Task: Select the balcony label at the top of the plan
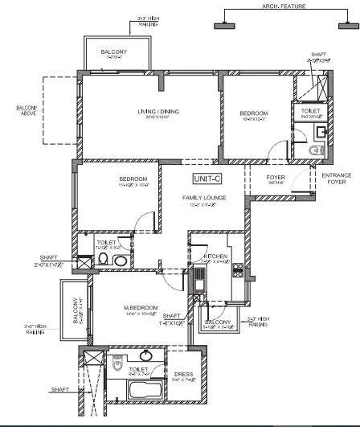113,52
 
